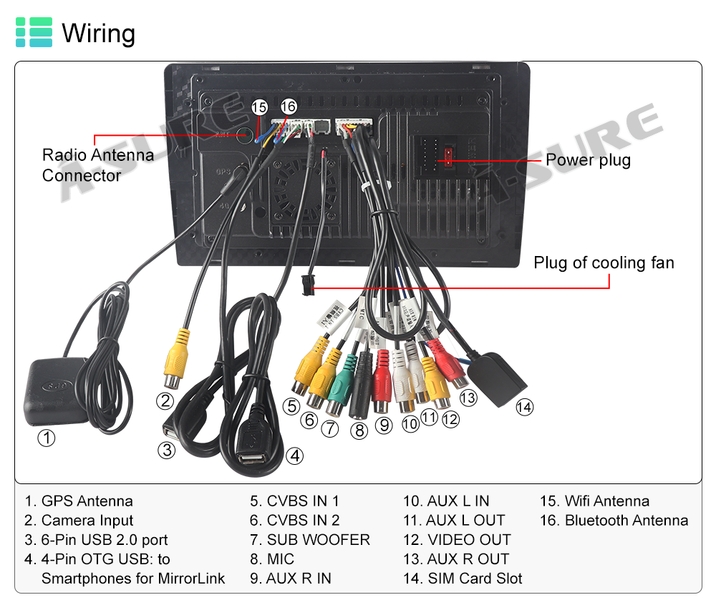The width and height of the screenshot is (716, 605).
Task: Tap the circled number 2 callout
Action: point(166,400)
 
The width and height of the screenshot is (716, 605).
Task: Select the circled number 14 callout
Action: point(525,407)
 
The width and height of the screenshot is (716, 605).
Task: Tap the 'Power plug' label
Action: point(588,159)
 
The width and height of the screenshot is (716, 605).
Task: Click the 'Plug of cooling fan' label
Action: point(604,262)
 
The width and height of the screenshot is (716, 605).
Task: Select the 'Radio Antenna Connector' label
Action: point(97,165)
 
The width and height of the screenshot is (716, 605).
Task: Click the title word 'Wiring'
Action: point(98,33)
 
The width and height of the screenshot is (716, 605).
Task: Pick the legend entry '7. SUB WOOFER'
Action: point(309,540)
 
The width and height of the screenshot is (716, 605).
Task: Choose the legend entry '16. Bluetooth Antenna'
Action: point(614,521)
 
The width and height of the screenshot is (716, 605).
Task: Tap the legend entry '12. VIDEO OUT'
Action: point(457,540)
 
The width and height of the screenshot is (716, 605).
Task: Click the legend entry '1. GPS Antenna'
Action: point(79,501)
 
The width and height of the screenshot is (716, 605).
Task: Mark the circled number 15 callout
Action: point(259,107)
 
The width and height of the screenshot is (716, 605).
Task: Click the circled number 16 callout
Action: point(288,106)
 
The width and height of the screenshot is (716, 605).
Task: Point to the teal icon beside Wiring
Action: point(34,33)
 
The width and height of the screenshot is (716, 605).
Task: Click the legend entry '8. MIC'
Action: point(272,559)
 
